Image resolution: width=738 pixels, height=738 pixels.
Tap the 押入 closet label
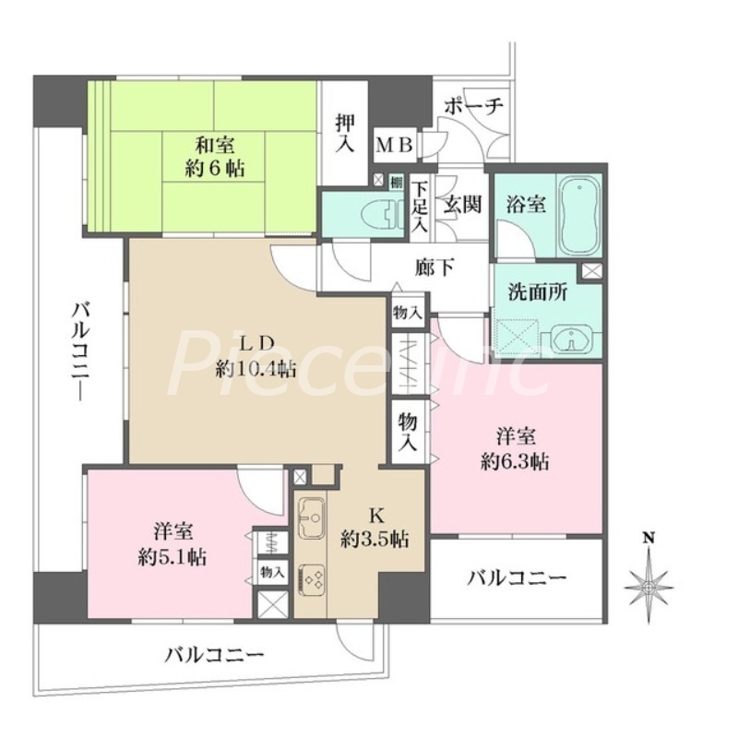(345, 132)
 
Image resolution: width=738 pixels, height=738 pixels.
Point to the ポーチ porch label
(473, 106)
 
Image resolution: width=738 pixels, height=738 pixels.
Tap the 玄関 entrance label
(462, 204)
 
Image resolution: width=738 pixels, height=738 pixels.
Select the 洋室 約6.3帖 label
(513, 449)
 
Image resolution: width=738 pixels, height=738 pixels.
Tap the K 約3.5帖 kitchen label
(375, 529)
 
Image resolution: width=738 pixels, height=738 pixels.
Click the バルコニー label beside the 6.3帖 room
(516, 578)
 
